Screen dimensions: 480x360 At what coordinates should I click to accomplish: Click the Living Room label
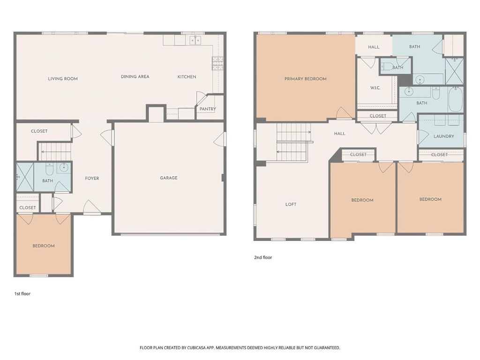[63, 79]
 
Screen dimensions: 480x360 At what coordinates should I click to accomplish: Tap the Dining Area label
[135, 76]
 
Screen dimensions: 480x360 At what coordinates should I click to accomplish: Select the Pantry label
[208, 109]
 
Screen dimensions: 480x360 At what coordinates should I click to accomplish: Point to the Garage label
[169, 178]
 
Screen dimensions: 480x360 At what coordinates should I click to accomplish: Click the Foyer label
[92, 178]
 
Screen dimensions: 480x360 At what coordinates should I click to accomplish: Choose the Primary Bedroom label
[306, 79]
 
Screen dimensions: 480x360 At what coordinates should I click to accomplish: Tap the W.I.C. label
[375, 88]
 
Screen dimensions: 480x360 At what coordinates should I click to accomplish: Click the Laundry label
[444, 136]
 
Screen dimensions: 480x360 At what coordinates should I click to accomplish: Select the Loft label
[291, 204]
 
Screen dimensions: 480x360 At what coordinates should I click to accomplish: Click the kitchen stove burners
[217, 63]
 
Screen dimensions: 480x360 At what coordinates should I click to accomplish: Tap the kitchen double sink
[195, 40]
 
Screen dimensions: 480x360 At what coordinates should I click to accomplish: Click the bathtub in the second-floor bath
[456, 99]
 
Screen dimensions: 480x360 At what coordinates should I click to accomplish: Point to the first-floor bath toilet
[49, 168]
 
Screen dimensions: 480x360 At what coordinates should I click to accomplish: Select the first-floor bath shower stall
[25, 177]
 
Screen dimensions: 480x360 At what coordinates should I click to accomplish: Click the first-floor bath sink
[64, 167]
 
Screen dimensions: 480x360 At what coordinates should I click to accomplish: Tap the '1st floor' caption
[22, 293]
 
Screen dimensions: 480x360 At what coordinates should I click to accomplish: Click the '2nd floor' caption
[263, 257]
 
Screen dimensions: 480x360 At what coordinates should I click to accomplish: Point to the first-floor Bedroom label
[44, 246]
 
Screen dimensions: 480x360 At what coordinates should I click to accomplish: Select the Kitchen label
[187, 77]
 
